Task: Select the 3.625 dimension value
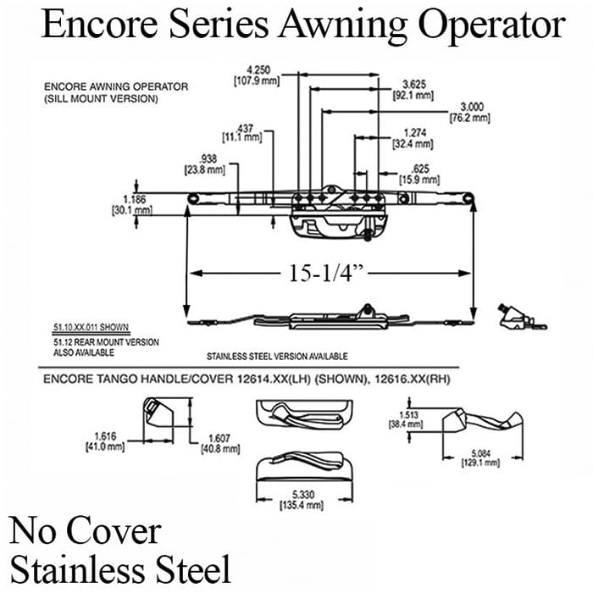[413, 84]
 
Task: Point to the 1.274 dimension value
[414, 132]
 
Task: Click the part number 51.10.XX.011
[72, 327]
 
